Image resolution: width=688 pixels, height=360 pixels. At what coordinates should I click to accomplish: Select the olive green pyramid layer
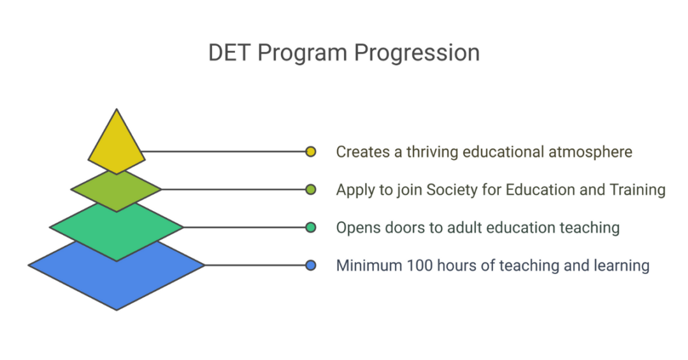tap(116, 190)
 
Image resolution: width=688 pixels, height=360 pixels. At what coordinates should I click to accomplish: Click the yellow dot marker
tap(310, 152)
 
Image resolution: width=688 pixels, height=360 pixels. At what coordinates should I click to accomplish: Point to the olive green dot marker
tap(310, 189)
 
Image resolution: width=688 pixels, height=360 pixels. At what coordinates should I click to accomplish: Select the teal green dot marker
tap(310, 227)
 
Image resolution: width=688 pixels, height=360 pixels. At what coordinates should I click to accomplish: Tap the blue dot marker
tap(310, 265)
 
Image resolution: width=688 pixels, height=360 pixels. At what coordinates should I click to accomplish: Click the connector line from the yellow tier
tap(223, 152)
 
